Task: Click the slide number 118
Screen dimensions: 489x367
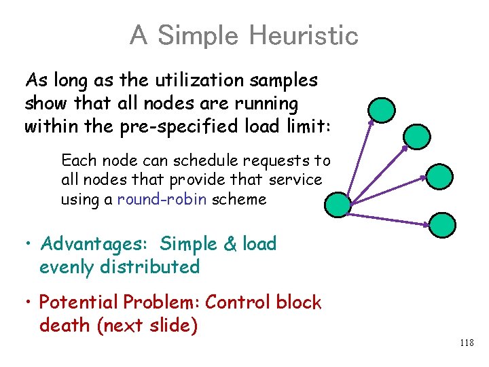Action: [466, 343]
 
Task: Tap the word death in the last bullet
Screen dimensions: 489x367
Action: [65, 326]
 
